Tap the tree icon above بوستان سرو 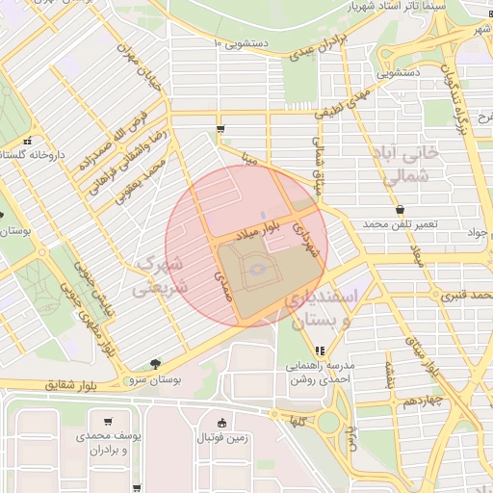pyautogui.click(x=156, y=363)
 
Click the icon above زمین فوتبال pyautogui.click(x=223, y=422)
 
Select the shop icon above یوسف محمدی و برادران pyautogui.click(x=108, y=421)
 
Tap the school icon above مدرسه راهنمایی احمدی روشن pyautogui.click(x=319, y=350)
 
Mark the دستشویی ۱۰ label pyautogui.click(x=243, y=43)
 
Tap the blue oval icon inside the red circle pyautogui.click(x=257, y=271)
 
